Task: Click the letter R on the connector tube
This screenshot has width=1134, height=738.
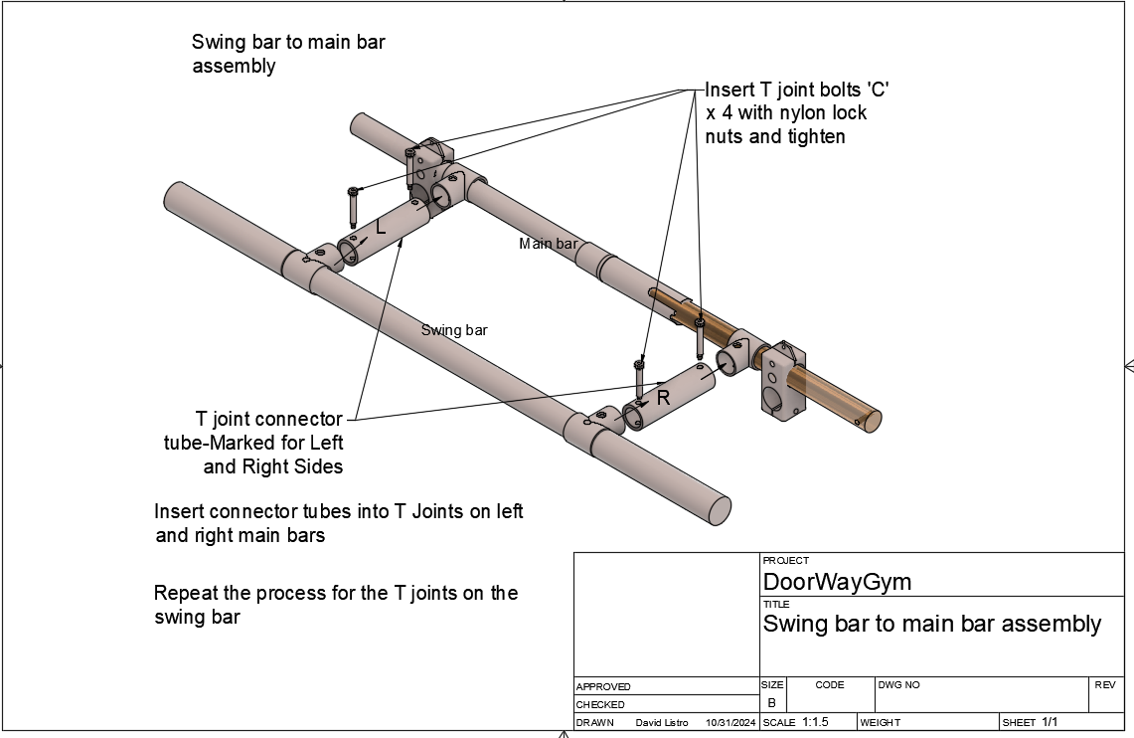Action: pos(663,398)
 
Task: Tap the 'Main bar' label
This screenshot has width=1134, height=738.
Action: pos(548,244)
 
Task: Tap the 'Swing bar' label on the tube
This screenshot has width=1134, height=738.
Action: pos(454,330)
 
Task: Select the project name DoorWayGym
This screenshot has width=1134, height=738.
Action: pos(836,582)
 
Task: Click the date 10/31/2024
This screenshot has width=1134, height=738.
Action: pos(730,722)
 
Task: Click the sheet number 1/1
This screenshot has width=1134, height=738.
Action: pos(1050,722)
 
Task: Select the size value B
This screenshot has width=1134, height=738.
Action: pos(771,702)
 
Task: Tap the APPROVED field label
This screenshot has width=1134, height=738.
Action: pos(602,686)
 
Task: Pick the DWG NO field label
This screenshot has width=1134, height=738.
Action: pos(899,684)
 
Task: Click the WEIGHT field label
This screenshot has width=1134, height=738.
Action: pos(881,722)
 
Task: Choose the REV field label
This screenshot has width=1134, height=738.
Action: pos(1104,684)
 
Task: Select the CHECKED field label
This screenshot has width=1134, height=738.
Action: pos(600,704)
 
